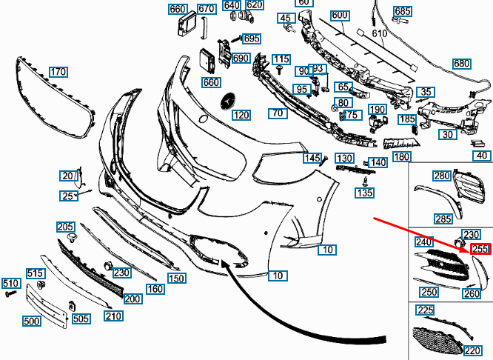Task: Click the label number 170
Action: pos(58,72)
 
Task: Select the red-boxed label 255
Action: pos(480,250)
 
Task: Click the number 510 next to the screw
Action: pos(10,284)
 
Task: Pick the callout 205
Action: pos(65,227)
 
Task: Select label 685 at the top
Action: pos(423,11)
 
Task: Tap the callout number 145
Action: pos(312,159)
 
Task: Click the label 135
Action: pos(365,193)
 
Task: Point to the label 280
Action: pos(442,176)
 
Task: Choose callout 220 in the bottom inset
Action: pos(472,351)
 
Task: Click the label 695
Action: pos(252,39)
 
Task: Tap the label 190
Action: pos(378,110)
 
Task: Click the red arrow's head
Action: pos(470,251)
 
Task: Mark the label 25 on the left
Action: pos(68,196)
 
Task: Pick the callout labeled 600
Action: pos(340,16)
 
